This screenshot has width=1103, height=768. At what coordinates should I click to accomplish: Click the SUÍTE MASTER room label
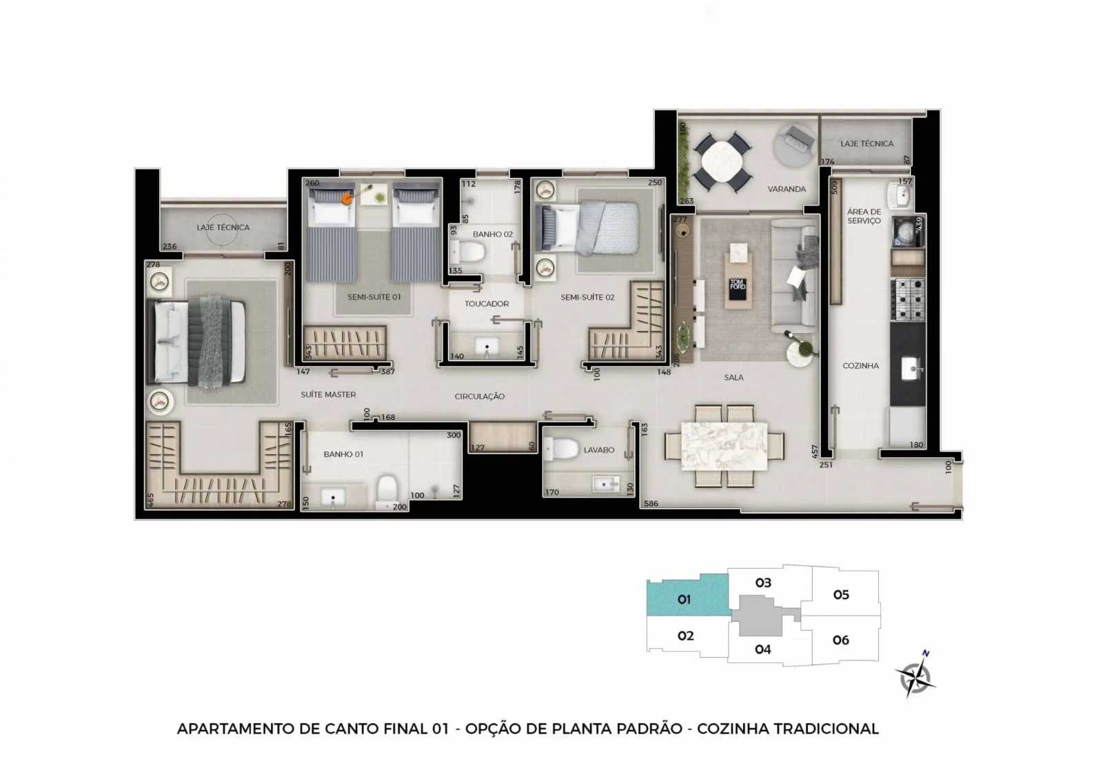tap(328, 394)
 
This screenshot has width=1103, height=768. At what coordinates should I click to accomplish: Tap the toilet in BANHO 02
tap(472, 252)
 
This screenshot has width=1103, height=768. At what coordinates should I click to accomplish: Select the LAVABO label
tap(598, 449)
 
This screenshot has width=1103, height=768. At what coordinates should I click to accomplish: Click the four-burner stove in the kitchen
tap(908, 299)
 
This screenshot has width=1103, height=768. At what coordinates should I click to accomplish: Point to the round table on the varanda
tap(722, 161)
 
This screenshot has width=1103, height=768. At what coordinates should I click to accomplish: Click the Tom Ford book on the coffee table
tap(737, 285)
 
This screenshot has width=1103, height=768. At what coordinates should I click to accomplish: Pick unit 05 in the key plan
tap(840, 594)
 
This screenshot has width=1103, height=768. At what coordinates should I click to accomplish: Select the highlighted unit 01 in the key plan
tap(684, 598)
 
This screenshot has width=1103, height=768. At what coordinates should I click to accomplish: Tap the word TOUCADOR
tap(486, 303)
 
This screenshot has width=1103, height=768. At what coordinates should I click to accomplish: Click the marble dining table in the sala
tap(724, 446)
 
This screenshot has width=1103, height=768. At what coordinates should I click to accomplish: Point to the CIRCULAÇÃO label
tap(479, 396)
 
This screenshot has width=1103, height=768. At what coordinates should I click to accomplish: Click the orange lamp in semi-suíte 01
tap(347, 199)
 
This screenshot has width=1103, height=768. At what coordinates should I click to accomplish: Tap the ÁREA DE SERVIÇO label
tap(864, 216)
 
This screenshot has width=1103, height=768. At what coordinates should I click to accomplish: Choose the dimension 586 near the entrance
tap(651, 504)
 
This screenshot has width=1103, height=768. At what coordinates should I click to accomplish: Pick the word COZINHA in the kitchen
tap(860, 365)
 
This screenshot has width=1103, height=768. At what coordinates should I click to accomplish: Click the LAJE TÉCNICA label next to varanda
tap(867, 143)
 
